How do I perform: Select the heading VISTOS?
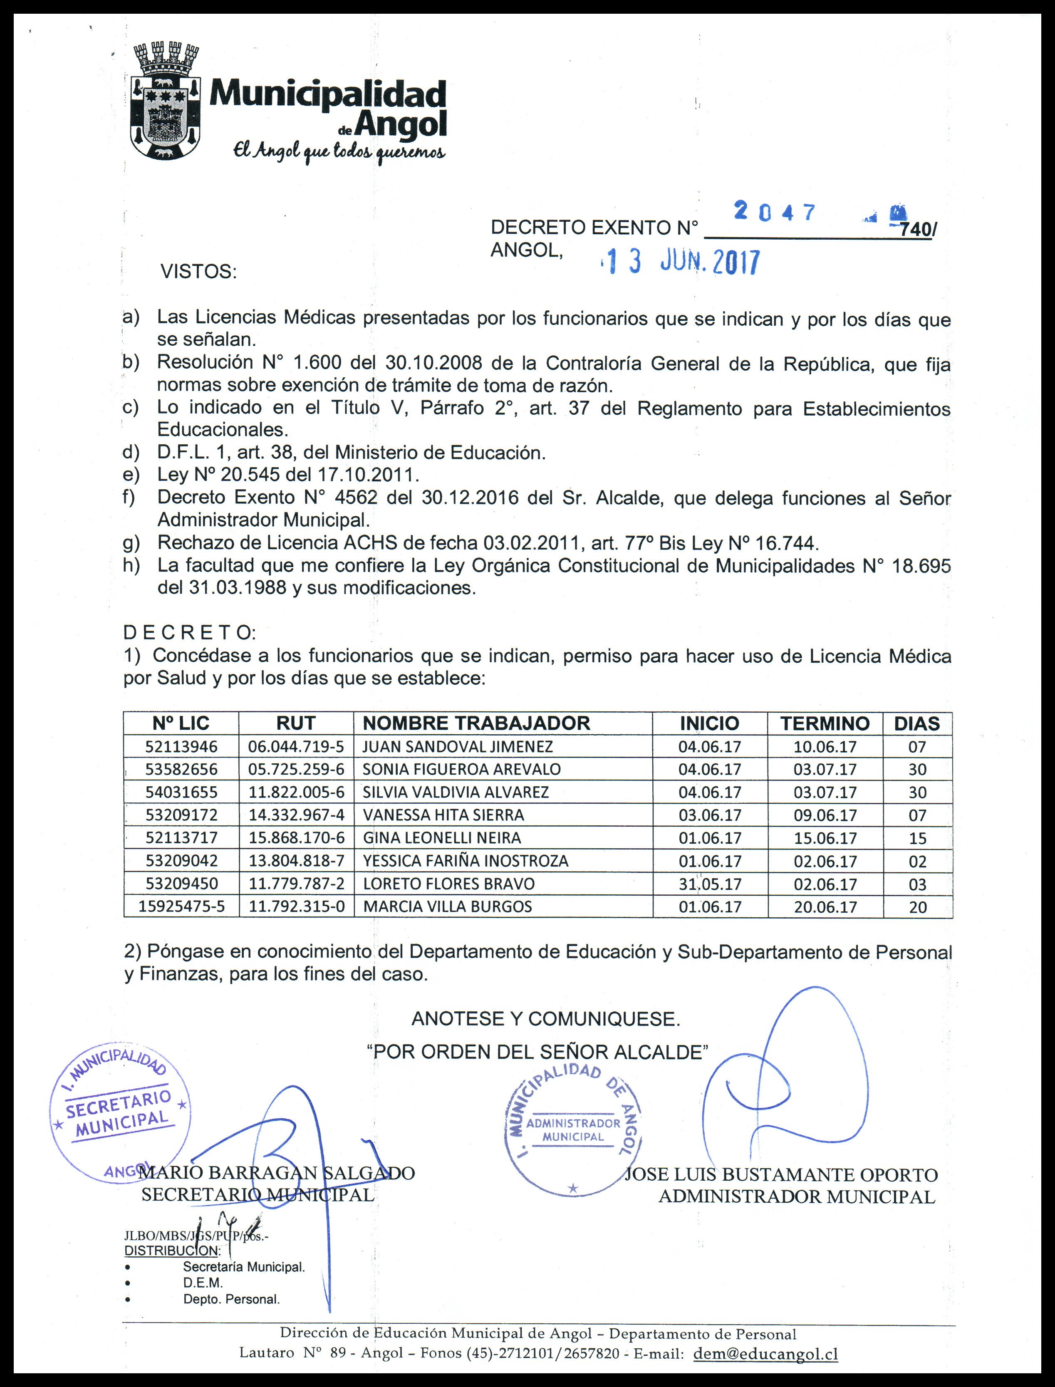coord(198,272)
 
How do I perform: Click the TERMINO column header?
coord(825,723)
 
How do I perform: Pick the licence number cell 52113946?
coord(181,747)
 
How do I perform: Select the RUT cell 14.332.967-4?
coord(296,815)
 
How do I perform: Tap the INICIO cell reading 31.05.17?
coord(710,884)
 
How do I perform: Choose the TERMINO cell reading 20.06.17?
coord(825,907)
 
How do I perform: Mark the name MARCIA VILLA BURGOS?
coord(447,907)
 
